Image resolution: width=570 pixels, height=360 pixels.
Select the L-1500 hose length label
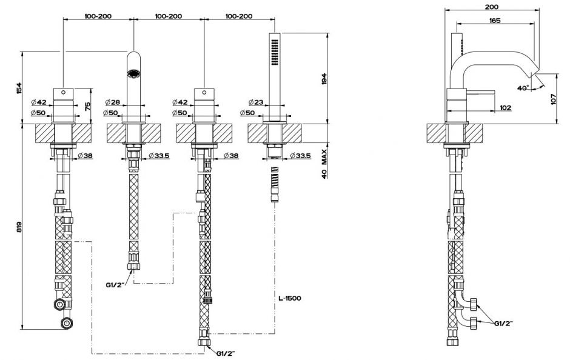tap(289, 298)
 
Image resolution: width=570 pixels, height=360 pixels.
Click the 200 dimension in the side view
tap(492, 7)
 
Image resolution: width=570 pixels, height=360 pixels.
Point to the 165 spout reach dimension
tap(494, 21)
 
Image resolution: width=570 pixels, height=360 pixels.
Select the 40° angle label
tap(523, 87)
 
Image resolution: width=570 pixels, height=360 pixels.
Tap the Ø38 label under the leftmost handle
tap(85, 156)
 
